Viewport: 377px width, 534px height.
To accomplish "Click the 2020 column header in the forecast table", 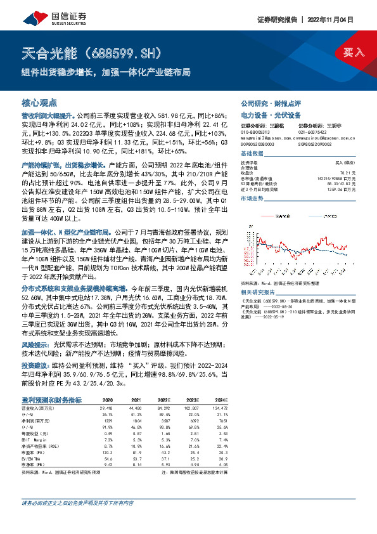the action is [107, 400].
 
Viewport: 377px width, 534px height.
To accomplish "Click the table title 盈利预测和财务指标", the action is [51, 400].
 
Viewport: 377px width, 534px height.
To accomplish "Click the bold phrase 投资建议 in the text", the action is [35, 366].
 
